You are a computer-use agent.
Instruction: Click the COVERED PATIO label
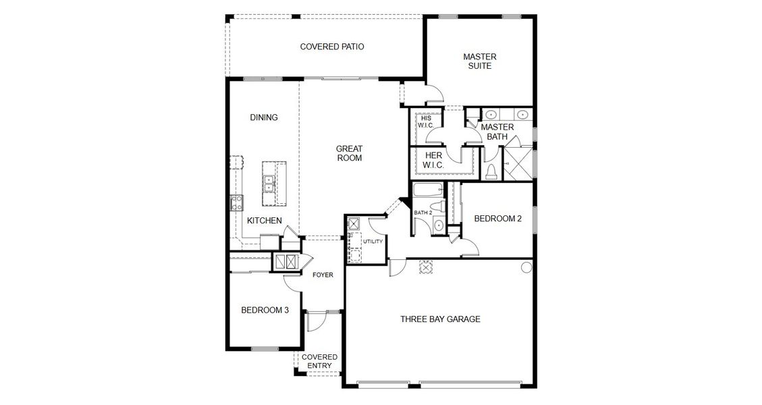[x=332, y=47]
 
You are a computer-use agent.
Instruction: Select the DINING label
[x=264, y=117]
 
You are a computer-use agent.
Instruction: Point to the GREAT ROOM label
[x=350, y=153]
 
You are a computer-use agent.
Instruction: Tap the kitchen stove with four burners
[x=236, y=202]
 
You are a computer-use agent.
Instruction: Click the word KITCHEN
[x=264, y=221]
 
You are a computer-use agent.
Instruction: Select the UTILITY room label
[x=373, y=242]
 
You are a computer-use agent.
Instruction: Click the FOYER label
[x=323, y=275]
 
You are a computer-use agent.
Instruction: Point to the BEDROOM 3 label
[x=265, y=310]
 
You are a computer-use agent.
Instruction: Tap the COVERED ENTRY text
[x=319, y=361]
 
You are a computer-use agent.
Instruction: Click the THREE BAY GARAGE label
[x=440, y=319]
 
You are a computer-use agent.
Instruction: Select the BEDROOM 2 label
[x=497, y=219]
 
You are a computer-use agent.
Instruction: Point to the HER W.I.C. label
[x=433, y=160]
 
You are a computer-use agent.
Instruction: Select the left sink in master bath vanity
[x=491, y=114]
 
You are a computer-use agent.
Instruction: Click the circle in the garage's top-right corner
[x=526, y=268]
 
